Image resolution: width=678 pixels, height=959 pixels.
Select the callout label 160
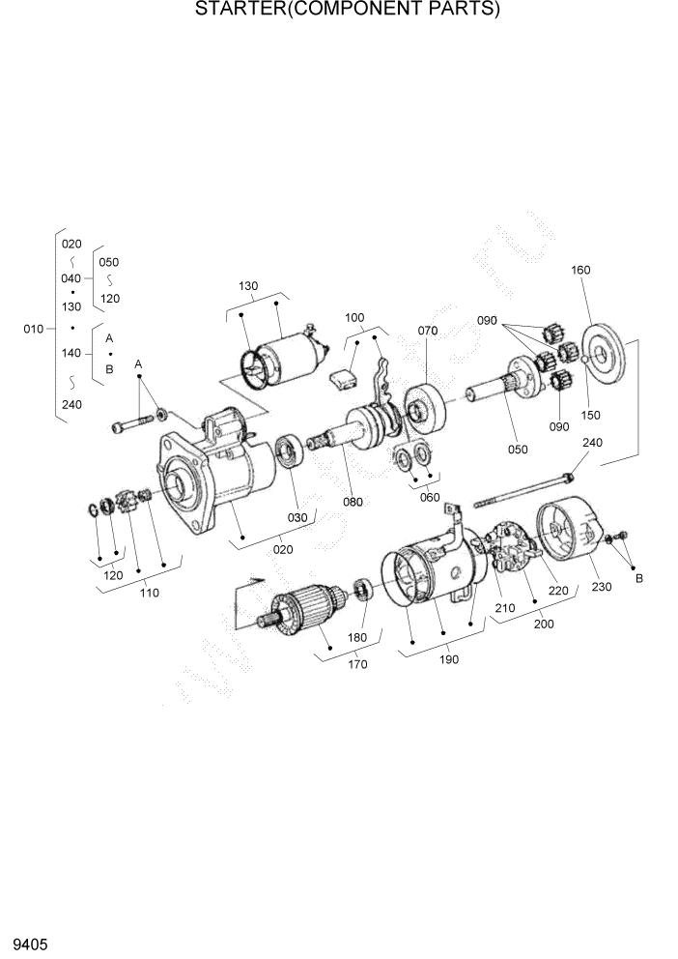pos(580,270)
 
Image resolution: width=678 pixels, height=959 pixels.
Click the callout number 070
pos(428,331)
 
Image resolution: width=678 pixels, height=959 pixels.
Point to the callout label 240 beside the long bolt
pos(592,442)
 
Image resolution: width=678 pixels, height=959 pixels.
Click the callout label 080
pos(353,502)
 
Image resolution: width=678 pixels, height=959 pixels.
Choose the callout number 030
pos(297,517)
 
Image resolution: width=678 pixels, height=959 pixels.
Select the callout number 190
pos(449,659)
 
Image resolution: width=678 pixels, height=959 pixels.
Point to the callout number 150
pos(590,415)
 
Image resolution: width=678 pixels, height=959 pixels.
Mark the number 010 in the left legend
pos(34,329)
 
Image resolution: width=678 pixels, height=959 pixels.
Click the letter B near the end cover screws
pos(638,578)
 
